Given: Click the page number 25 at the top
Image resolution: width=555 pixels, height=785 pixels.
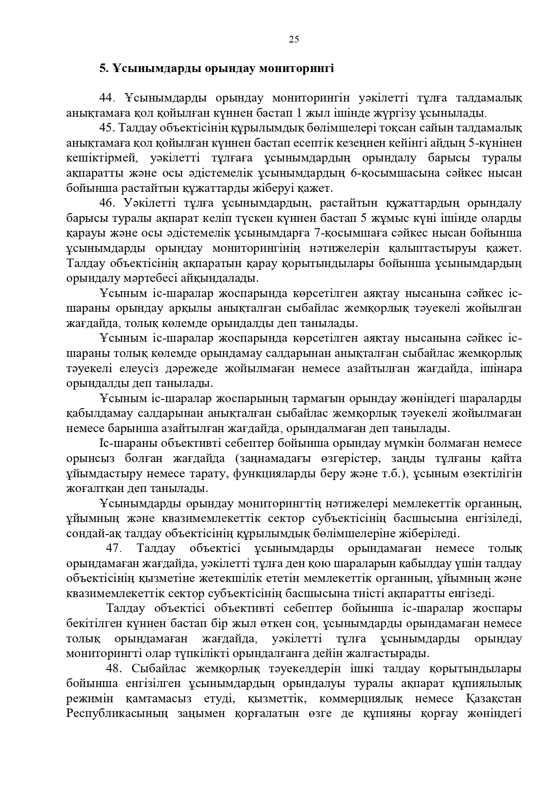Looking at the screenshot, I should tap(294, 39).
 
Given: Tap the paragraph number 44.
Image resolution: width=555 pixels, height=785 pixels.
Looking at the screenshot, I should tap(107, 98).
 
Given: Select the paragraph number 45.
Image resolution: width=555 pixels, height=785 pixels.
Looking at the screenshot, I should tap(107, 128).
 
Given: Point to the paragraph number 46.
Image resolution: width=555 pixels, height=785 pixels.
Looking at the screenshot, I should tap(107, 203).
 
